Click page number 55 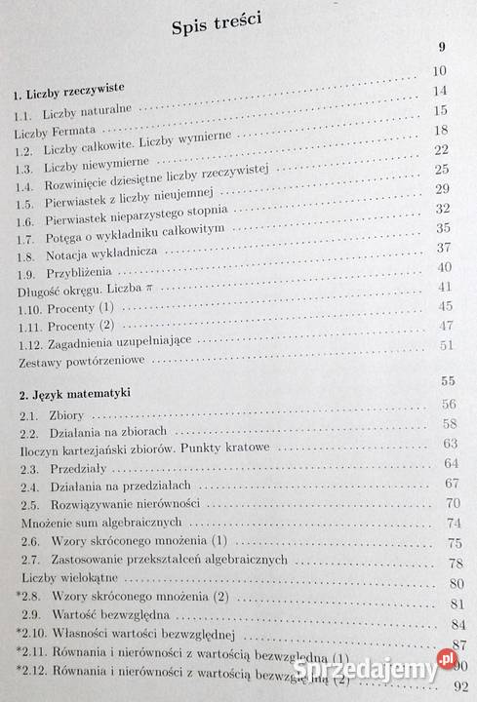[x=448, y=382]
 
